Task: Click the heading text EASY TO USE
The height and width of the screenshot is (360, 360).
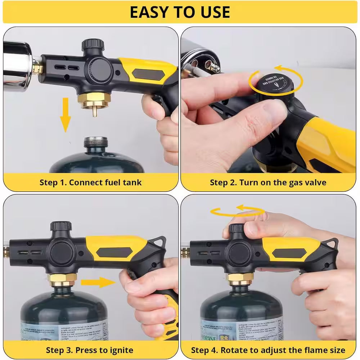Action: [x=180, y=12]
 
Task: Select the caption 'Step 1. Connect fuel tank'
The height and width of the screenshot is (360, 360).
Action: [x=90, y=182]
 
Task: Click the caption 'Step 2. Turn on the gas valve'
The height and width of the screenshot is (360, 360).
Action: [x=268, y=182]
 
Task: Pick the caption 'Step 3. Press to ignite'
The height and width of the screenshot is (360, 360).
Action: [x=90, y=350]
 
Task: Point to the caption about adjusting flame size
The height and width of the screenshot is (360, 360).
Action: [x=268, y=350]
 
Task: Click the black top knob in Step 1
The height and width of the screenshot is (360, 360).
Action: [x=93, y=45]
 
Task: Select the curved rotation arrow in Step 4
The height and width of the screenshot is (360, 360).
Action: [x=238, y=211]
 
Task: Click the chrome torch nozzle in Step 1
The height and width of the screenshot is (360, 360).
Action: [x=16, y=65]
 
